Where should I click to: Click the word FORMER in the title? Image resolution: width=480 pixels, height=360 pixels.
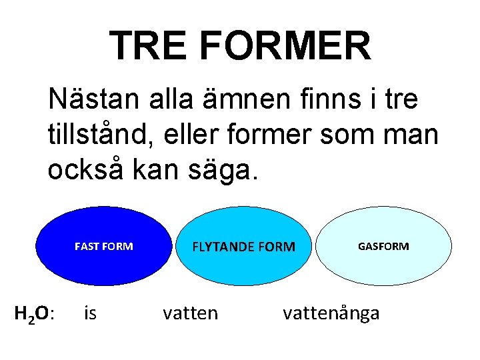coord(285,45)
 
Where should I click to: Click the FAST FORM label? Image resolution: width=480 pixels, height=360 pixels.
coord(103,247)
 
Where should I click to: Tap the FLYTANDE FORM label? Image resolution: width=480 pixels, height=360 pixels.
coord(243,247)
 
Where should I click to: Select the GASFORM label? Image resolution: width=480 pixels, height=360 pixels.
coord(383,247)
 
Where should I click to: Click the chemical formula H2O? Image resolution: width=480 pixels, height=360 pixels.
coord(35,313)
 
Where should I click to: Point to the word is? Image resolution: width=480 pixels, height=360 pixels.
coord(90,313)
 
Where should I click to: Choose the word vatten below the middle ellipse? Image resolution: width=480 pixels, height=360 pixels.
coord(190,313)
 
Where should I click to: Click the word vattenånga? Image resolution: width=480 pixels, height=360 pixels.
coord(331,313)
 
